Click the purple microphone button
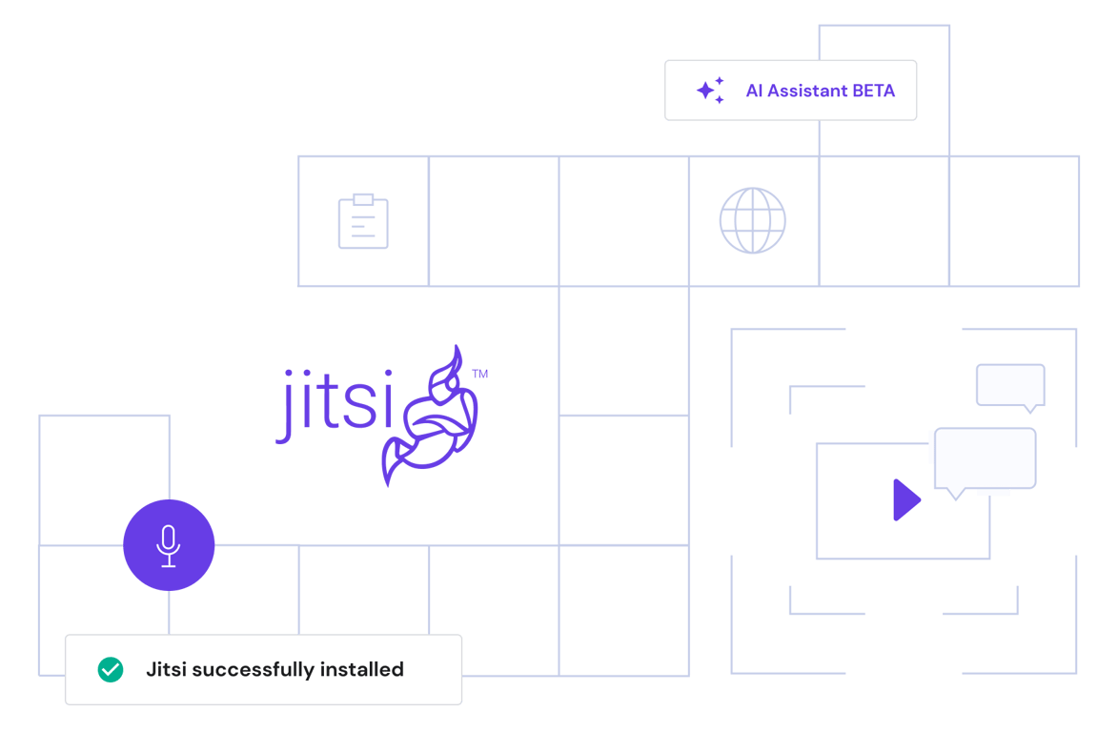[169, 545]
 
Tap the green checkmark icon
[111, 669]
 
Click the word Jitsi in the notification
[166, 669]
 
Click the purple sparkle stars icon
[710, 91]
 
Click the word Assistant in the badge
[807, 91]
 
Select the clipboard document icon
[363, 223]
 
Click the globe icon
[753, 220]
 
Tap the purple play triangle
[905, 500]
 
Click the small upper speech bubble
[1010, 385]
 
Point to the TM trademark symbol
[481, 376]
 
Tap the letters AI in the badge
[754, 91]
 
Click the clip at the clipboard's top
[363, 199]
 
